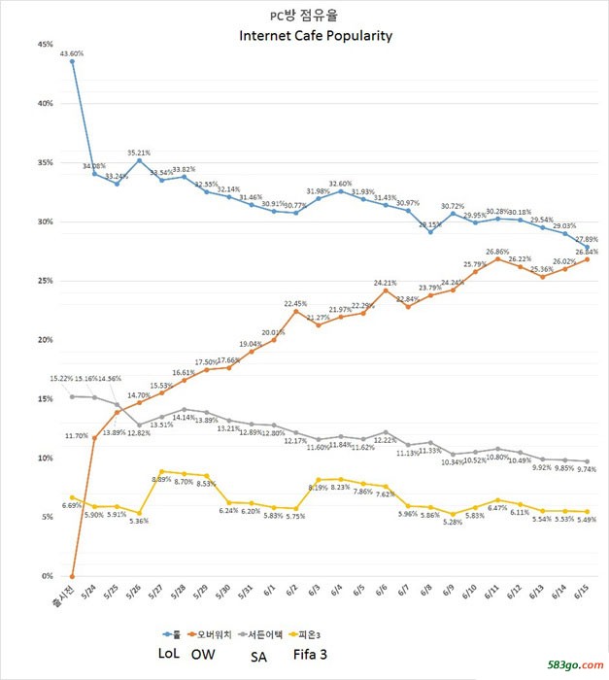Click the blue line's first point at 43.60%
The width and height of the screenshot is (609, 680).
[72, 61]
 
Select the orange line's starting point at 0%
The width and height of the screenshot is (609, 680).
[72, 576]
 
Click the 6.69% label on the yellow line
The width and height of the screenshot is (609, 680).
[71, 505]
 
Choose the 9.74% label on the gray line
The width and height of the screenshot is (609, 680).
[585, 469]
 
